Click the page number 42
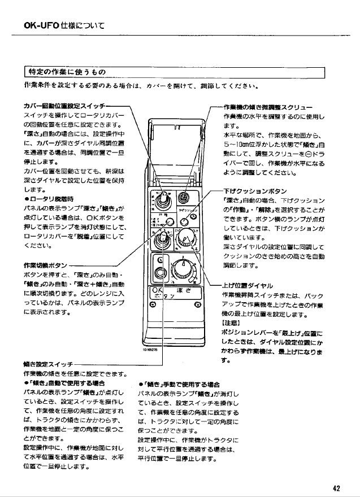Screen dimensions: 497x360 click(336, 489)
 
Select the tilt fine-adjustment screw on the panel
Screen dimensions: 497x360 click(183, 198)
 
